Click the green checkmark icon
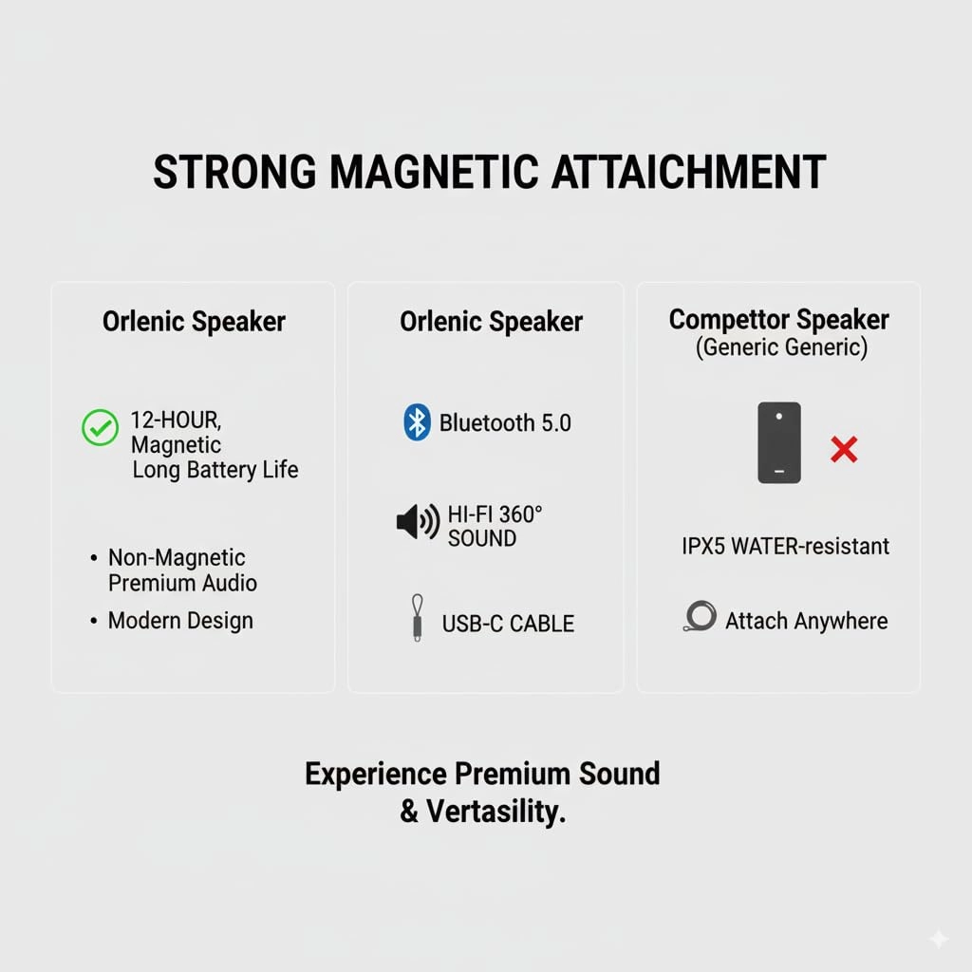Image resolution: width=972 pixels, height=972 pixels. coord(100,428)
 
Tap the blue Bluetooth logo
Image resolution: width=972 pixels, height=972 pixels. coord(417,422)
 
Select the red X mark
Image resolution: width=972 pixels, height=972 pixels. coord(843,449)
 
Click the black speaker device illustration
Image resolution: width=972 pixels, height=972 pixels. coord(779,442)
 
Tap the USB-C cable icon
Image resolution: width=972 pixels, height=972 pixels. coord(417,618)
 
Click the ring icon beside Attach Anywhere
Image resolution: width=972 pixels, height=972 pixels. coord(700,618)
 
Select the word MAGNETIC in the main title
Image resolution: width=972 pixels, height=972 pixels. coord(434,173)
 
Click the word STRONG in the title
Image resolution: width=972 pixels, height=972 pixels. coord(234,173)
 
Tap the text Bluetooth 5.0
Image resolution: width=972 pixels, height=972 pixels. coord(505,423)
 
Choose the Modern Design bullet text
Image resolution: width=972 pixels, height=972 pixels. coord(180,621)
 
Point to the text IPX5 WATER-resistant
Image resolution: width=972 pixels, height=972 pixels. coord(785,546)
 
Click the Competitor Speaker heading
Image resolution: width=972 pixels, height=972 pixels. coord(778,319)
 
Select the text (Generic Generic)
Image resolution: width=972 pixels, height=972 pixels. coord(781,347)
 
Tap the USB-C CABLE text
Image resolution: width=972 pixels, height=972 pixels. coord(508,624)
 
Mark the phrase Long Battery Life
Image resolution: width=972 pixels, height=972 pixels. coord(215,469)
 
